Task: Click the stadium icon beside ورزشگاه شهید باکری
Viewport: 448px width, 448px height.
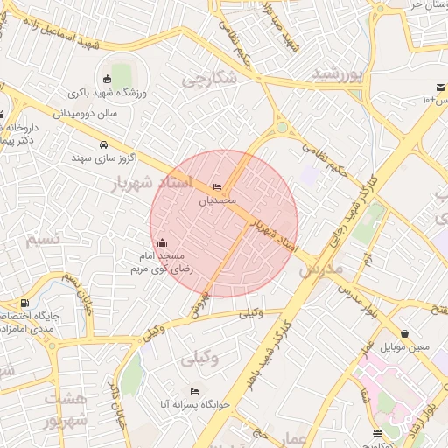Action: pos(108,79)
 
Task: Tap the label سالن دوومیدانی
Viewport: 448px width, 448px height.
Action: pos(85,113)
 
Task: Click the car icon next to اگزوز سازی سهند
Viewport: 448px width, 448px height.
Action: pos(103,144)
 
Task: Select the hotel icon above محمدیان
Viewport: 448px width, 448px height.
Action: pos(217,187)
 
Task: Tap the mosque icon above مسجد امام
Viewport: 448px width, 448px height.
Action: pos(160,243)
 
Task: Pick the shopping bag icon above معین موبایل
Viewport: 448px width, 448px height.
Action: pos(404,333)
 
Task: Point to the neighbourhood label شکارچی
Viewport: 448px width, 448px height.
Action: pos(209,79)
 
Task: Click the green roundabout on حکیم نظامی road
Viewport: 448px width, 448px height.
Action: pos(282,128)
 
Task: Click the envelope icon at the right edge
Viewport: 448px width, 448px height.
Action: pos(440,87)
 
